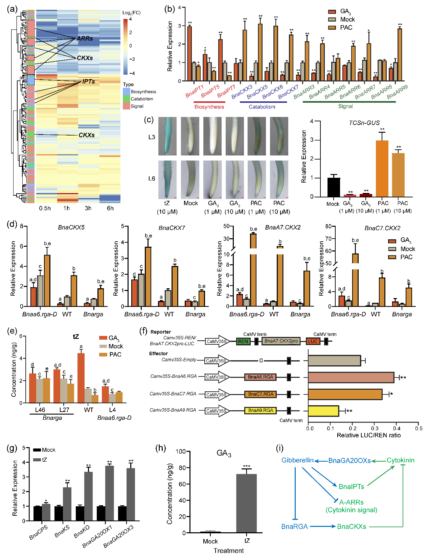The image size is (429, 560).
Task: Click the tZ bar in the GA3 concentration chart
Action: click(x=246, y=503)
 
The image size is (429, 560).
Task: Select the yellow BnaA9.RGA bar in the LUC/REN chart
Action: click(x=323, y=411)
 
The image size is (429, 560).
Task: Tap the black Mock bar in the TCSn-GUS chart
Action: click(x=334, y=187)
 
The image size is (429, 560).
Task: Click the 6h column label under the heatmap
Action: click(x=110, y=208)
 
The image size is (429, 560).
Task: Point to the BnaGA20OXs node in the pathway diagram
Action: click(x=349, y=461)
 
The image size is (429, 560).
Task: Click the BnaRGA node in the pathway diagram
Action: click(x=295, y=527)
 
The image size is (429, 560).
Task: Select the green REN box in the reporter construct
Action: click(x=243, y=341)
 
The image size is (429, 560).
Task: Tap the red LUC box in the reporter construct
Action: click(x=313, y=341)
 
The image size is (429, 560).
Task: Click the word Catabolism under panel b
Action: click(x=262, y=107)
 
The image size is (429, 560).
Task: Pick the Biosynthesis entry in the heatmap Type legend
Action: click(x=143, y=92)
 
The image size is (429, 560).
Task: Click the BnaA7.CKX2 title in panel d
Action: click(x=283, y=227)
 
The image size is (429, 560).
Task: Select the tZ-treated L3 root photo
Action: click(x=167, y=136)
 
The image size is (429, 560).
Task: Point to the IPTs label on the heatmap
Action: click(x=89, y=81)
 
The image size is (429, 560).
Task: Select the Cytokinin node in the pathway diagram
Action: click(x=400, y=460)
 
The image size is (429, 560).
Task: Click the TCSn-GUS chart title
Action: click(x=364, y=123)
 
